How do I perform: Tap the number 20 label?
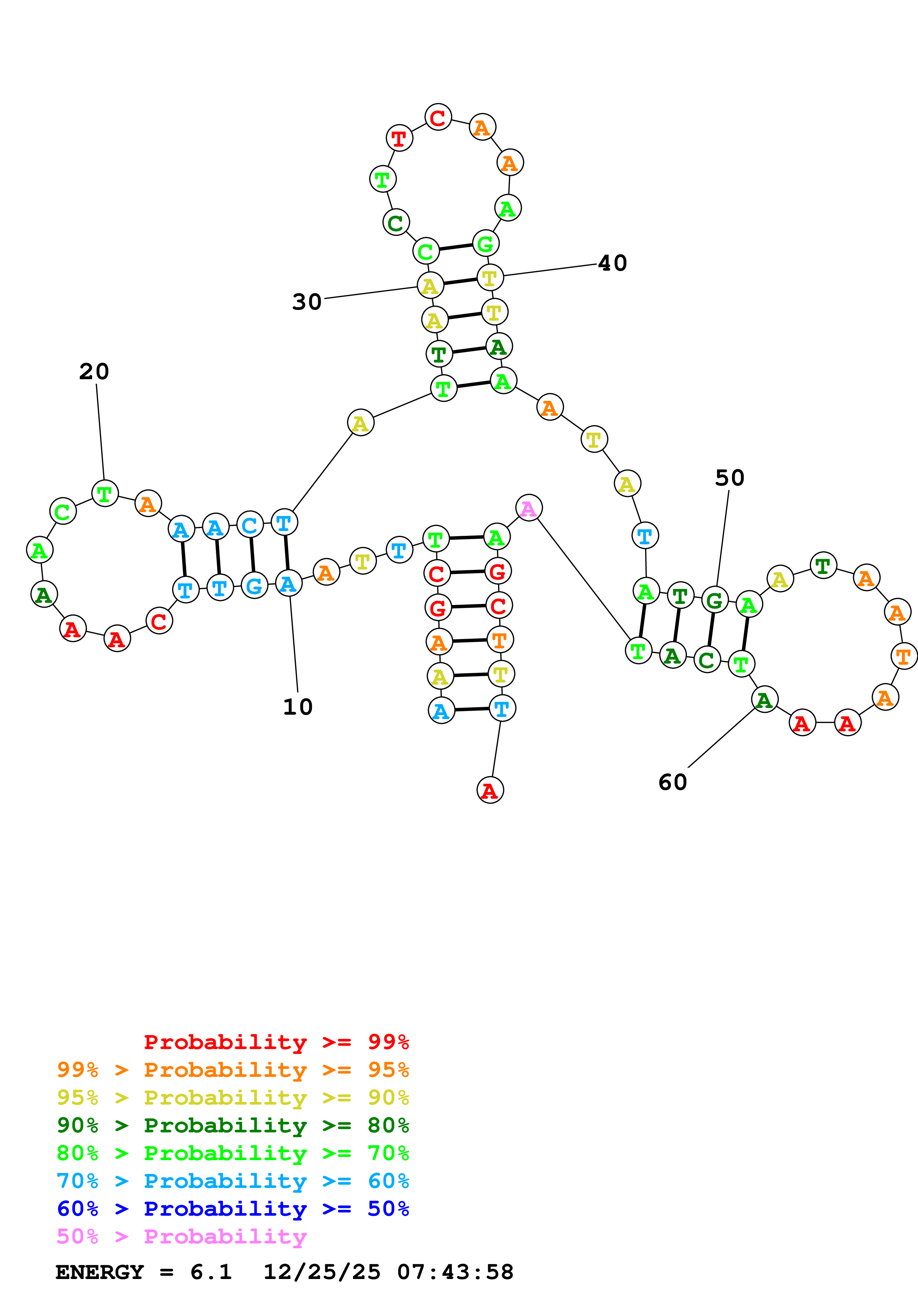pos(94,372)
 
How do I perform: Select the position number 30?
pos(307,302)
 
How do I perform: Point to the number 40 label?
pos(612,263)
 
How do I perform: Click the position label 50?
pos(730,478)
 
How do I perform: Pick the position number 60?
pos(672,782)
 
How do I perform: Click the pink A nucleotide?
pos(529,508)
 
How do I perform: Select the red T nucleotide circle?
pos(399,138)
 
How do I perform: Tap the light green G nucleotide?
pos(486,244)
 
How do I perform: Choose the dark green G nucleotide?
pos(715,600)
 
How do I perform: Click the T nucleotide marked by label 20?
pos(105,494)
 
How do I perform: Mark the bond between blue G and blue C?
pos(252,555)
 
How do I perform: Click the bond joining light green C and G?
pos(456,247)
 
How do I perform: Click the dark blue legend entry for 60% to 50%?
pos(233,1209)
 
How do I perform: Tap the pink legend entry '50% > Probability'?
pos(181,1237)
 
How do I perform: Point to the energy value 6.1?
pos(211,1272)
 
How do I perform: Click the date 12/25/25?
pos(322,1272)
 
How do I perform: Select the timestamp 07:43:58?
pos(455,1272)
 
